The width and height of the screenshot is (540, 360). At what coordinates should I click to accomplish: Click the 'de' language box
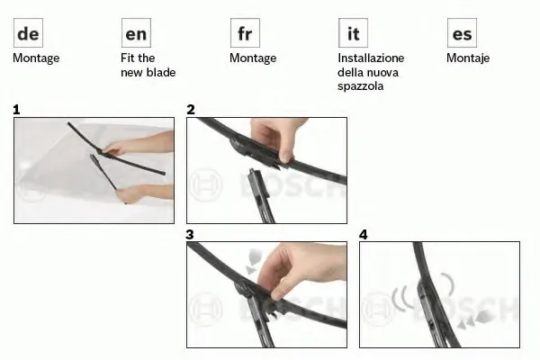(28, 33)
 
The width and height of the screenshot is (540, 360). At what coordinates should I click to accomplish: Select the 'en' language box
(136, 33)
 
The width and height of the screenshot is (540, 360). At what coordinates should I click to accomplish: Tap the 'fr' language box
(245, 33)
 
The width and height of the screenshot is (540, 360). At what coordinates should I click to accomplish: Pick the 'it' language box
(353, 33)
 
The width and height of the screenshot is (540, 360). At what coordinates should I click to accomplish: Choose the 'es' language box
(462, 33)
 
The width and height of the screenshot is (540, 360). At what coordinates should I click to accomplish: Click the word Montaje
(468, 58)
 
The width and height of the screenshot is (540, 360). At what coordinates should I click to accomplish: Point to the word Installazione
(371, 58)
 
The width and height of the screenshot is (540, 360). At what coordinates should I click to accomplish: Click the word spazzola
(360, 86)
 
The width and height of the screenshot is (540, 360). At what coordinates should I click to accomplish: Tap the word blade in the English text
(161, 72)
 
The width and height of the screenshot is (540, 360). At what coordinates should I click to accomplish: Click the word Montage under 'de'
(36, 58)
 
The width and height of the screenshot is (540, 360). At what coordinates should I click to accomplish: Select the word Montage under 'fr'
(253, 58)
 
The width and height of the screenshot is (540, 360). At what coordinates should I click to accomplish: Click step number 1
(16, 110)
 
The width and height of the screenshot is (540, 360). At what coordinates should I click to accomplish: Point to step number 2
(191, 110)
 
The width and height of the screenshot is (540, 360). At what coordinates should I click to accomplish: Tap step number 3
(190, 235)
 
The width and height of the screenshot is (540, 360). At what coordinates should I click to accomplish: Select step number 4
(364, 235)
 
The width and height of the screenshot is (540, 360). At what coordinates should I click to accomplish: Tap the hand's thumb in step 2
(283, 152)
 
